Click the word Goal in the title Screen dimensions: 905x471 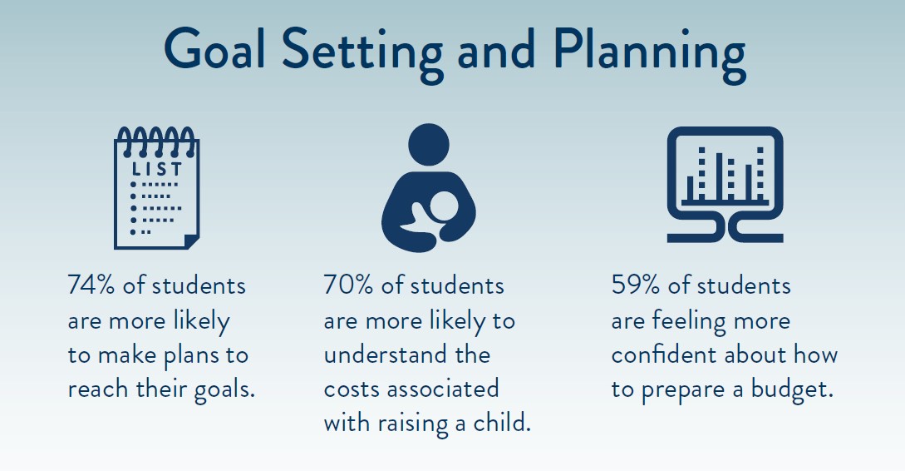(215, 48)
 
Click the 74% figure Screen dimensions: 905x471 (91, 285)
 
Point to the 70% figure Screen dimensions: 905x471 (348, 285)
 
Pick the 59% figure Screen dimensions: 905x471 (636, 285)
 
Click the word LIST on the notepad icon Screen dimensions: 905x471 (157, 169)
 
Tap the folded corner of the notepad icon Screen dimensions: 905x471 (191, 241)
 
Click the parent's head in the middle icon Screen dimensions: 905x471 (428, 144)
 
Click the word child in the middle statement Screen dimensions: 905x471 (502, 423)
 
